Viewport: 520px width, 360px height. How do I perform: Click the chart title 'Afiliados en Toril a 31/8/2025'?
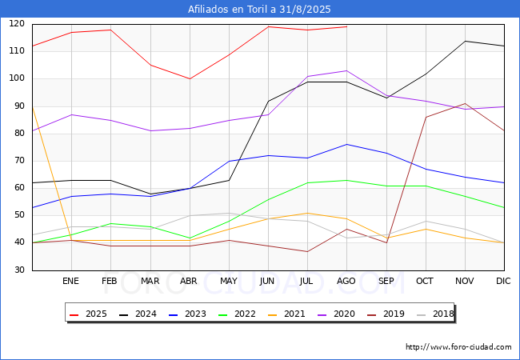(259, 9)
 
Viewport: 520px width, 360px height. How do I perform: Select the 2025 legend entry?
(88, 314)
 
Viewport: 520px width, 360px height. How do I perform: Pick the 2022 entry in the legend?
(237, 314)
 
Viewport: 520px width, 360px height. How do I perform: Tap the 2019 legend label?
(386, 314)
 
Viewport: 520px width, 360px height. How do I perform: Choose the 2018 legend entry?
(435, 314)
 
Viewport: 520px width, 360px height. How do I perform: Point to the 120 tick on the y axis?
(17, 23)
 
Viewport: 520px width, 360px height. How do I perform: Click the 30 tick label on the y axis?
(19, 270)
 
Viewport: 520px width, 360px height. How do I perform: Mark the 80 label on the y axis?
(19, 133)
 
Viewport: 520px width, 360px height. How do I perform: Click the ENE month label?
(70, 281)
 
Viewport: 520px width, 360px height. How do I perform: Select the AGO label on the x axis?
(346, 281)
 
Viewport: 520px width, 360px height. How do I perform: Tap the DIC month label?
(503, 281)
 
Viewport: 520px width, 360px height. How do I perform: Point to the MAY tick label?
(229, 281)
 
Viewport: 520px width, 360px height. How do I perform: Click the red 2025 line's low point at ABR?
(190, 79)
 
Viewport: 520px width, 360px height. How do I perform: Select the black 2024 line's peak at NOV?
(466, 41)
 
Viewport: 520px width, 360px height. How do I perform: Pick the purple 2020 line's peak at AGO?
(347, 70)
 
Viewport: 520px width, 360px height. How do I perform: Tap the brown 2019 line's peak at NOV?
(466, 103)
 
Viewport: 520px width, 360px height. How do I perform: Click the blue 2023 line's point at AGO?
(347, 144)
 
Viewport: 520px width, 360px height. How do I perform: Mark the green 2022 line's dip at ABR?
(190, 238)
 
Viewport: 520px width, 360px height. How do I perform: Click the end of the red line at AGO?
(347, 26)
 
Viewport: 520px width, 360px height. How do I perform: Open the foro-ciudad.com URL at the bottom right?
(458, 347)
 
